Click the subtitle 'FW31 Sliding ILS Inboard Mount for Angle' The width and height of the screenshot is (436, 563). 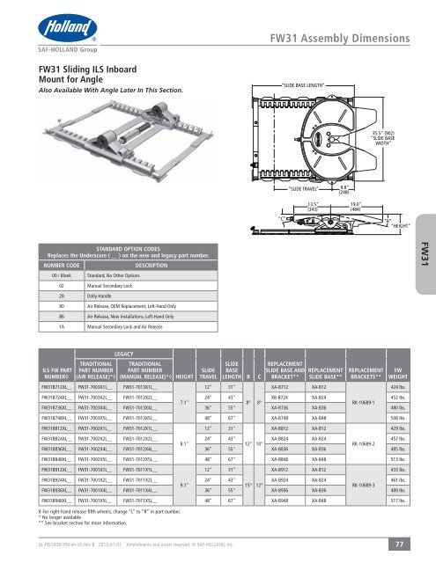(76, 83)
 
